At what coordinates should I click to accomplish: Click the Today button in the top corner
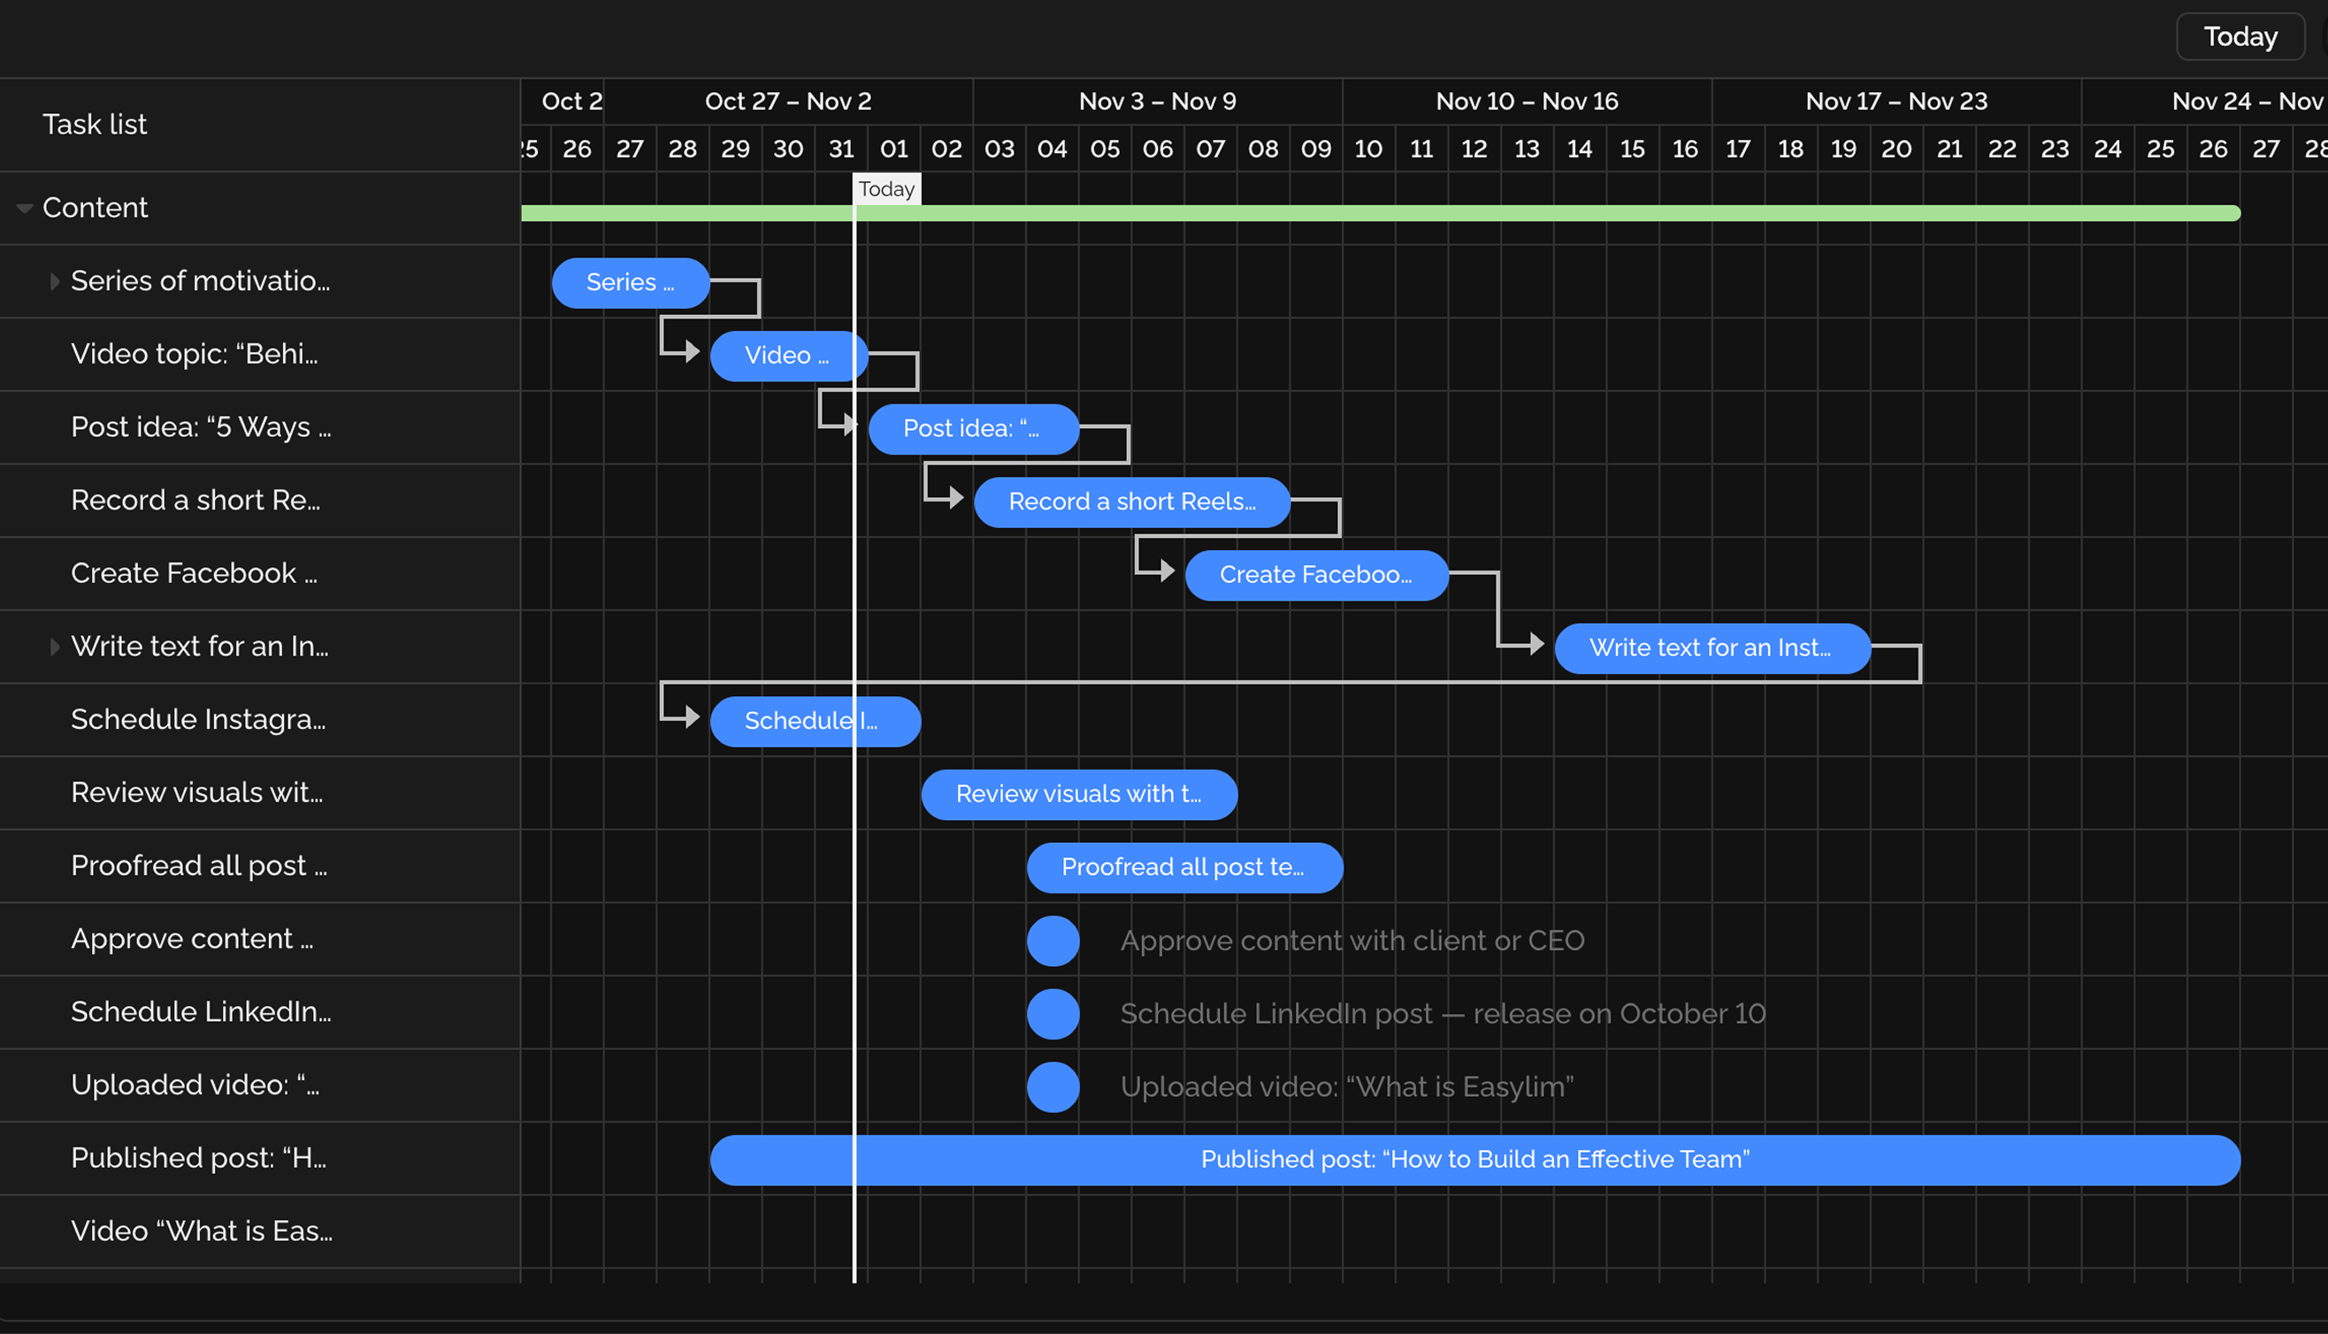point(2240,36)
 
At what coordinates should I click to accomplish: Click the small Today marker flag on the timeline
point(885,188)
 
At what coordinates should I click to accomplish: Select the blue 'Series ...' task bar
point(630,282)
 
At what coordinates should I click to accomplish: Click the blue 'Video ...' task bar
point(786,356)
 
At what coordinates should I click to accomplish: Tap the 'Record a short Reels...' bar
point(1131,502)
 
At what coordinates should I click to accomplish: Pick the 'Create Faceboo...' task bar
point(1315,575)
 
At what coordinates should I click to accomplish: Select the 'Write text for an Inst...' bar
point(1711,648)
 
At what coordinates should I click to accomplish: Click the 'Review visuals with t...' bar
point(1078,794)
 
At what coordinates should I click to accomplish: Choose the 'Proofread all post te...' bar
point(1183,868)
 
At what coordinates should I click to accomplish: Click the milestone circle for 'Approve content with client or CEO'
point(1053,941)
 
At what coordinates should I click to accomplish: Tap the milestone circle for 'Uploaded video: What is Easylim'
point(1053,1087)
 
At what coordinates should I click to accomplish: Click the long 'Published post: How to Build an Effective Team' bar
point(1474,1160)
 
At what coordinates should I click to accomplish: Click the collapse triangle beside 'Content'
point(25,209)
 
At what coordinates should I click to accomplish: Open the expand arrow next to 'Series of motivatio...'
point(55,281)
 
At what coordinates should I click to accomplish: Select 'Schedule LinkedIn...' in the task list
point(201,1011)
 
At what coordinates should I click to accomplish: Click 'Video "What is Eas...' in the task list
point(202,1230)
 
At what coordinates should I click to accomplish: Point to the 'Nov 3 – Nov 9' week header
point(1157,101)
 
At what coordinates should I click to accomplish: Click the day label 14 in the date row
point(1579,149)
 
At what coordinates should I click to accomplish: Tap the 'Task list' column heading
point(95,125)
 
